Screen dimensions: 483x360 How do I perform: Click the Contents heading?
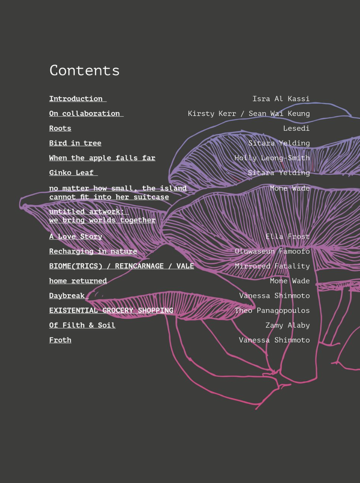[x=84, y=70]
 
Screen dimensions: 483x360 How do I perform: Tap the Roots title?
[x=60, y=128]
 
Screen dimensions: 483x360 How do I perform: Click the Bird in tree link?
[x=75, y=143]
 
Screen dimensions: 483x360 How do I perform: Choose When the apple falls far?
[x=102, y=158]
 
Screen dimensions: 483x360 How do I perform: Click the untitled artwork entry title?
[x=102, y=216]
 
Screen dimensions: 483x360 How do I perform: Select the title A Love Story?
[x=76, y=236]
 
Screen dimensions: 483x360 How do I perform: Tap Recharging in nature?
[x=93, y=251]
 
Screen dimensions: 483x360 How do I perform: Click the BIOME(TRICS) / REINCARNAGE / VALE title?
[x=121, y=266]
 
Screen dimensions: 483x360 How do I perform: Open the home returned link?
[x=78, y=281]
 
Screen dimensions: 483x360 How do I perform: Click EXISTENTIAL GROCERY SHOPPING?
[x=111, y=311]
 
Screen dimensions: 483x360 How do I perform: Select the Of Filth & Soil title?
[x=82, y=325]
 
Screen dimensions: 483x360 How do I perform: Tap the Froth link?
[x=60, y=340]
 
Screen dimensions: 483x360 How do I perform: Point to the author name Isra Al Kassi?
[x=281, y=99]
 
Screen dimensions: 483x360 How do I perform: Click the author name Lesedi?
[x=296, y=128]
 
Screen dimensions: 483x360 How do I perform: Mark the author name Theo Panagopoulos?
[x=272, y=311]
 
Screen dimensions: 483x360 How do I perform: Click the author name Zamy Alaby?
[x=287, y=325]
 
